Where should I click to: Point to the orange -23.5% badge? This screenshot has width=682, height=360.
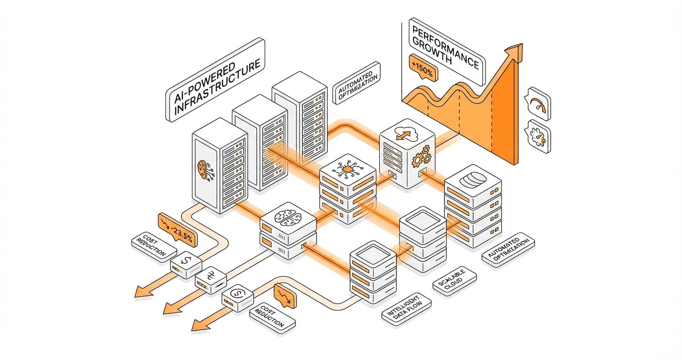point(177,229)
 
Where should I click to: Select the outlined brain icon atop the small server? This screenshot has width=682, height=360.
point(287,216)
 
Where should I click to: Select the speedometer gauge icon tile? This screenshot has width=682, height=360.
point(538,104)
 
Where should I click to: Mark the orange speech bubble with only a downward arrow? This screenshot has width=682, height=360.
point(284,294)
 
